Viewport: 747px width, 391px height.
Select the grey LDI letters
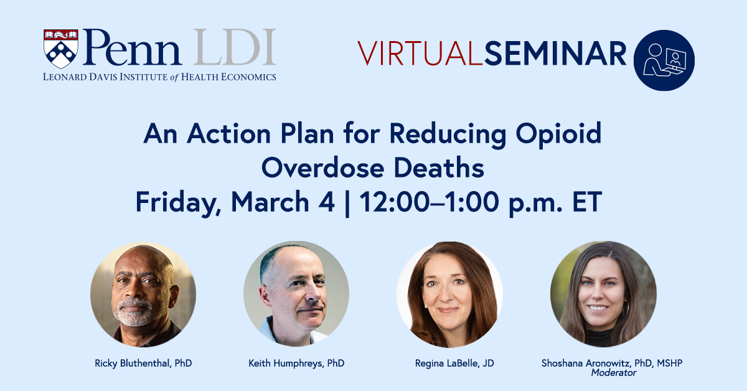pyautogui.click(x=233, y=48)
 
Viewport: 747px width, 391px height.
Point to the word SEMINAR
pyautogui.click(x=555, y=54)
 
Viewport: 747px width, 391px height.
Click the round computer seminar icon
pyautogui.click(x=664, y=60)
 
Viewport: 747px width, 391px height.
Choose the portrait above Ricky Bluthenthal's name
pyautogui.click(x=143, y=294)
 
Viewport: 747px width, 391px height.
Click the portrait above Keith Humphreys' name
pyautogui.click(x=296, y=294)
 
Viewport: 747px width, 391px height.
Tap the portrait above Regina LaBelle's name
pyautogui.click(x=449, y=294)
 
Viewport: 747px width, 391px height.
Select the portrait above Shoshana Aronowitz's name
pyautogui.click(x=603, y=294)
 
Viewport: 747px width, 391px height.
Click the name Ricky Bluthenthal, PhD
pyautogui.click(x=143, y=363)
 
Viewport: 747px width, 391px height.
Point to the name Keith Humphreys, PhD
pyautogui.click(x=296, y=363)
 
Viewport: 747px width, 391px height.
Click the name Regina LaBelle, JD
pyautogui.click(x=449, y=363)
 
